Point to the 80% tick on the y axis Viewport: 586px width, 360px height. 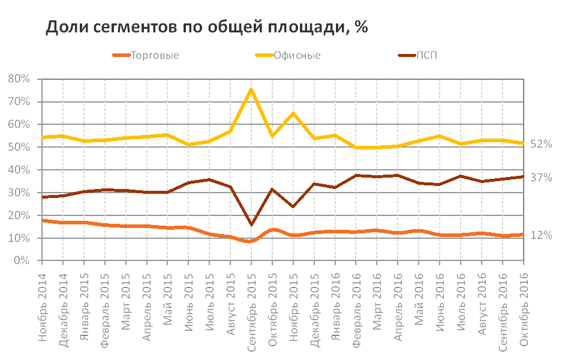click(19, 79)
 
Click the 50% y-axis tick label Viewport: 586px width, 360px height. click(19, 147)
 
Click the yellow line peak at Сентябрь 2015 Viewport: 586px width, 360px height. click(251, 89)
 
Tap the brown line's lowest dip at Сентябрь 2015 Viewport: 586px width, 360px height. click(251, 225)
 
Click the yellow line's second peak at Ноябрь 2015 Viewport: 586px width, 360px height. click(293, 113)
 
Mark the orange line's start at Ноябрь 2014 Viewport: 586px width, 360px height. click(42, 221)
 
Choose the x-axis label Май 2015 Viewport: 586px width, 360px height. click(168, 300)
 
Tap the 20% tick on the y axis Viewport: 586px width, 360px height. click(19, 215)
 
